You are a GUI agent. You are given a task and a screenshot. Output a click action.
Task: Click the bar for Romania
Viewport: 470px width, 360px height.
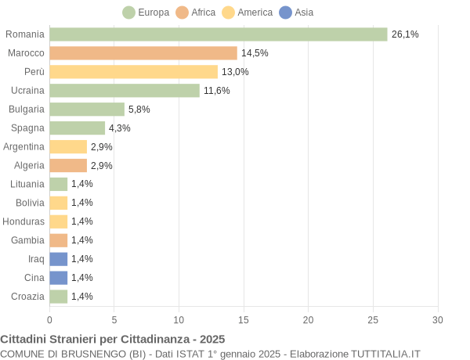pyautogui.click(x=219, y=34)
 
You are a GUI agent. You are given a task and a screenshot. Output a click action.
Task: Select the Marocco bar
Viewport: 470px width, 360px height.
pyautogui.click(x=143, y=53)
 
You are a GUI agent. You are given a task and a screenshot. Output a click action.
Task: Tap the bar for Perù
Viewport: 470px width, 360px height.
pyautogui.click(x=133, y=72)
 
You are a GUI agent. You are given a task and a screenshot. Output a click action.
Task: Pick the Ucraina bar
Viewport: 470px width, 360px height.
pyautogui.click(x=125, y=91)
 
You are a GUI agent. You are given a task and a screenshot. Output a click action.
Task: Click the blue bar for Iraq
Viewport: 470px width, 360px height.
pyautogui.click(x=59, y=259)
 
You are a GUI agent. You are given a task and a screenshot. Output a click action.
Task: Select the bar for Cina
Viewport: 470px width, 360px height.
pyautogui.click(x=59, y=278)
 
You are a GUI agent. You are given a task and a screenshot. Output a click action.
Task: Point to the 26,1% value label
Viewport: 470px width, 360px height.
pyautogui.click(x=405, y=34)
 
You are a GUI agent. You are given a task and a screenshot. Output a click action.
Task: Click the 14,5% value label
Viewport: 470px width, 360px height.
pyautogui.click(x=255, y=53)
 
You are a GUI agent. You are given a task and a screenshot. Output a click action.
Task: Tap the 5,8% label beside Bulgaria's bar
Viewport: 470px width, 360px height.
pyautogui.click(x=139, y=110)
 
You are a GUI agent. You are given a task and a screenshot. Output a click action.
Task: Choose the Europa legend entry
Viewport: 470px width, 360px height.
pyautogui.click(x=146, y=13)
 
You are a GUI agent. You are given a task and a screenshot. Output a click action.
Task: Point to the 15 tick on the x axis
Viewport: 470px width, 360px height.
pyautogui.click(x=244, y=319)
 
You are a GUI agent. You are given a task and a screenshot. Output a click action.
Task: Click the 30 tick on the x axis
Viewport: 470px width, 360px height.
pyautogui.click(x=438, y=319)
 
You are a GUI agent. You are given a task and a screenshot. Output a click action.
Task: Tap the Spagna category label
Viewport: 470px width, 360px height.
pyautogui.click(x=27, y=128)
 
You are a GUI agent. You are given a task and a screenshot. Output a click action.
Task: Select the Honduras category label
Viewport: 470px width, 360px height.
pyautogui.click(x=23, y=221)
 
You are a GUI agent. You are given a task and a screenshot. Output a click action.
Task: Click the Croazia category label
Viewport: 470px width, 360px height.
pyautogui.click(x=27, y=297)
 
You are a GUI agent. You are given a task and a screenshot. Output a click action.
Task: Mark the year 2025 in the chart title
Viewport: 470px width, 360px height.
pyautogui.click(x=211, y=339)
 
